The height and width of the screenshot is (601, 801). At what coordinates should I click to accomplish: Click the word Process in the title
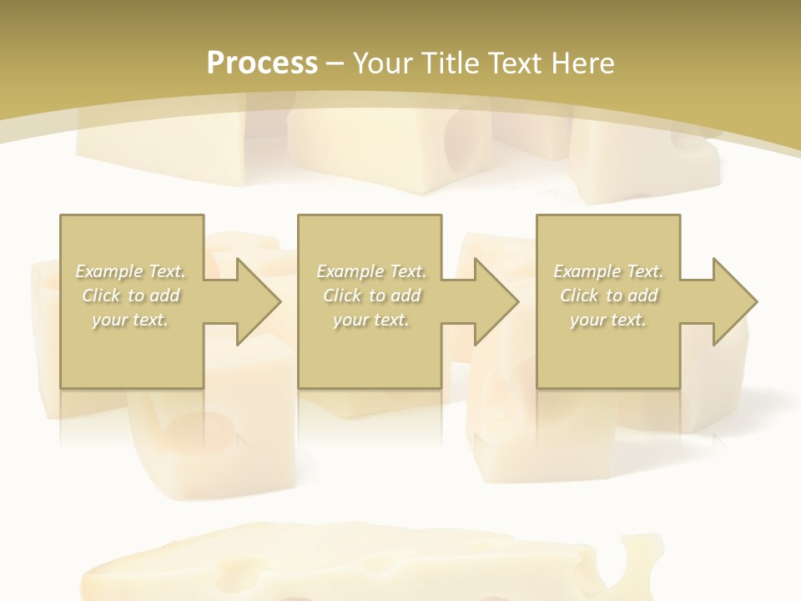[262, 63]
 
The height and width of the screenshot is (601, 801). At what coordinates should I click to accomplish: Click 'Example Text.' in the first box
[131, 271]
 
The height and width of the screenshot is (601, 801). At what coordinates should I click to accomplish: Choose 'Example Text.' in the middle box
[371, 271]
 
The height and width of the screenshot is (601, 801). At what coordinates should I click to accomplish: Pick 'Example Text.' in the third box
[608, 271]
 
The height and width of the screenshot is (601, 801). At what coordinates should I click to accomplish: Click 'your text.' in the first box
[131, 320]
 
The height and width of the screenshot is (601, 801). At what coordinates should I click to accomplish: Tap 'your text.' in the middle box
[371, 320]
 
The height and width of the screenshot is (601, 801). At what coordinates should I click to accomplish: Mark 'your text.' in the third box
[608, 320]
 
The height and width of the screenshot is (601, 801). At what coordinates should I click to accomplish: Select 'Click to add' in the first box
[131, 295]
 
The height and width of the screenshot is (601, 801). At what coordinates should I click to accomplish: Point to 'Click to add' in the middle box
[371, 295]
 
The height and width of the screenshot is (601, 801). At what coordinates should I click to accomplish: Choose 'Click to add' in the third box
[608, 295]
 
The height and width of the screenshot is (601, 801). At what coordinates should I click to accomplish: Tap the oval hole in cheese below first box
[200, 430]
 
